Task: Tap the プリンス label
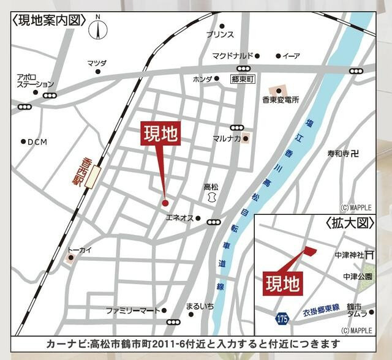coord(219,34)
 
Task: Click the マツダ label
coord(97,63)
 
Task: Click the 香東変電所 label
coord(280,99)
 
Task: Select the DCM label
coord(37,141)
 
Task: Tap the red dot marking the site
coord(165,203)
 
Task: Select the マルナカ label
coord(227,138)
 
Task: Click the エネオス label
coord(179,218)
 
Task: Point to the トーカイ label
coord(80,249)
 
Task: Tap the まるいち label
coord(199,306)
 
